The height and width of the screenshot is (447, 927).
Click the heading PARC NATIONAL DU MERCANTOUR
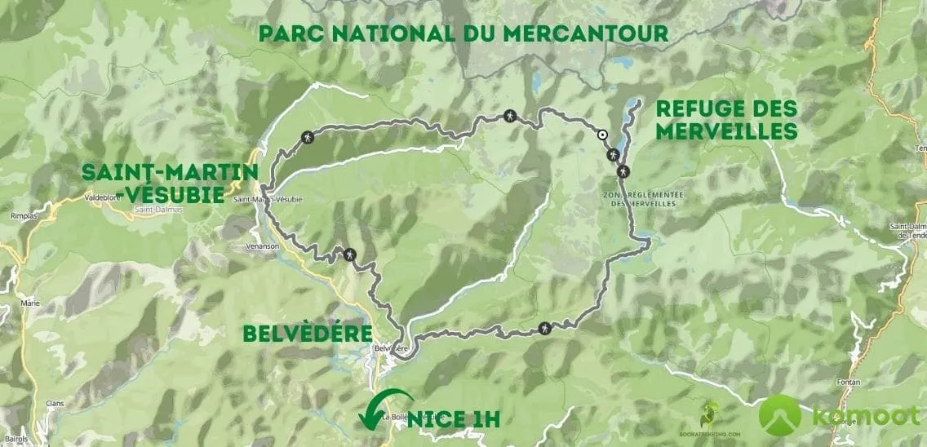coord(463,33)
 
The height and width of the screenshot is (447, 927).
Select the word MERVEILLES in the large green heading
coord(726,131)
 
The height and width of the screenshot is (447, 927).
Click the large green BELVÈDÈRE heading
coord(307,334)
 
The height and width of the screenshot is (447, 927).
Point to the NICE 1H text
coord(454,419)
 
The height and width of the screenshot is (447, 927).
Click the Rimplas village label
coord(17,217)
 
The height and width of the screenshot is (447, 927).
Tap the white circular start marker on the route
coord(602,136)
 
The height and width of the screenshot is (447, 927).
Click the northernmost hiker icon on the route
coord(510,116)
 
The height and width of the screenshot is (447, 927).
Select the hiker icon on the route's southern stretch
coord(545,328)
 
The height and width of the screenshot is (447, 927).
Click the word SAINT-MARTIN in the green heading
coord(170,173)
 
